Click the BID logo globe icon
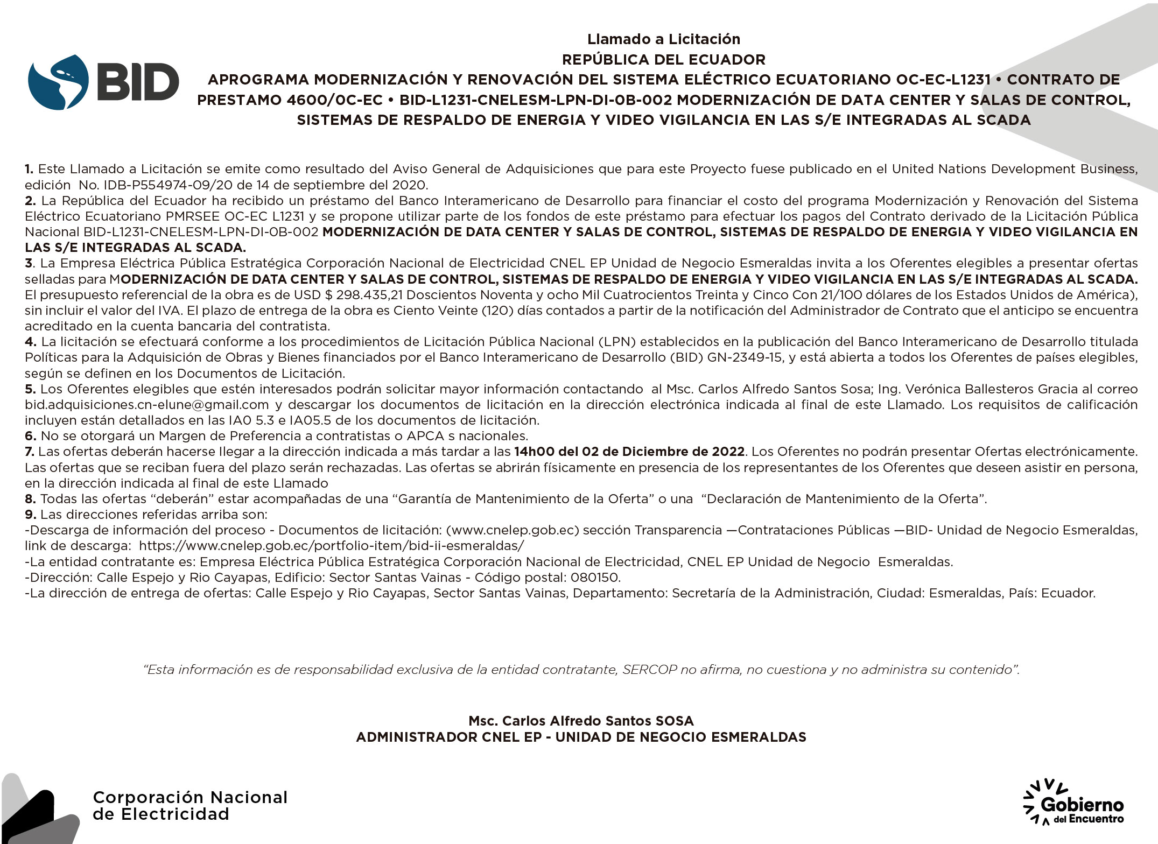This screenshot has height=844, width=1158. point(58,82)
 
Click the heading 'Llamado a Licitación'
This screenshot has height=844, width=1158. point(663,39)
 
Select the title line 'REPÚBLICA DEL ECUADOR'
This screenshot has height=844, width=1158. point(663,59)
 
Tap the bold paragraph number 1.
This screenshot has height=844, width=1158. point(29,169)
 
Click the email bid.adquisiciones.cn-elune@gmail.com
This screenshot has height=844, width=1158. point(146,405)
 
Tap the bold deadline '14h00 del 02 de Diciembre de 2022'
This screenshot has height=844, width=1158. point(629,452)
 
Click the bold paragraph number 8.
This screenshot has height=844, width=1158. point(30,499)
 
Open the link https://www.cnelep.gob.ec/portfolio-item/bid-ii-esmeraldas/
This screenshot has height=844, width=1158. point(331,546)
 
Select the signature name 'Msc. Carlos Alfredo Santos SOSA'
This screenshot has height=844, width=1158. point(581,721)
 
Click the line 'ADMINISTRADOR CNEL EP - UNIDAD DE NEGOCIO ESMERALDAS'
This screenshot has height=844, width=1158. point(581,737)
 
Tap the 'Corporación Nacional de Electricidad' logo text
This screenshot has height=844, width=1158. point(190,805)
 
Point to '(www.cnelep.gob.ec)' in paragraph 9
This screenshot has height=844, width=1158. point(512,530)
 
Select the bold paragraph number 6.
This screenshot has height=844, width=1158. point(30,436)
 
